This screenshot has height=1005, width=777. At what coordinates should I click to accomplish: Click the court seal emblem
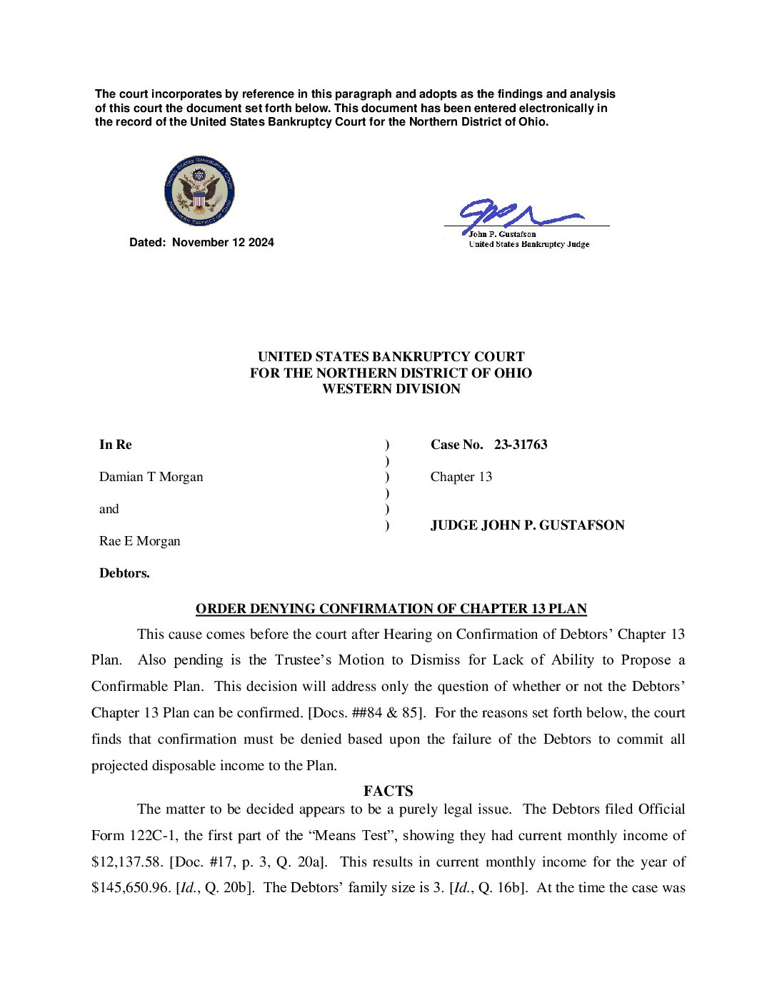(x=199, y=191)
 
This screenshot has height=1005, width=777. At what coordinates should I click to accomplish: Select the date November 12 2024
(x=223, y=243)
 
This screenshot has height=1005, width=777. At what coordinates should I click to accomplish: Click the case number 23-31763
(x=521, y=445)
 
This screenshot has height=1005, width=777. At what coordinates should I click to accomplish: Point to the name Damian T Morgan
(x=151, y=477)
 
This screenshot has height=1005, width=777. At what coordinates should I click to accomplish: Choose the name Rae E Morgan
(x=139, y=541)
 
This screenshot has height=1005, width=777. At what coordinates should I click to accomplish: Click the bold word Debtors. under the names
(x=124, y=573)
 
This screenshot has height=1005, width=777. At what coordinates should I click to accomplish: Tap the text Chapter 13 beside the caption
(x=461, y=477)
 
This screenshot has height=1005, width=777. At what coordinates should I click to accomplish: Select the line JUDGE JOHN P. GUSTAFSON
(x=527, y=525)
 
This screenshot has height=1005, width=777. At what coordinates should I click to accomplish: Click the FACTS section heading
(x=388, y=791)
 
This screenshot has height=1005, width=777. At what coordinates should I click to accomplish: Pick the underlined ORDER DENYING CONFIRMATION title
(x=391, y=609)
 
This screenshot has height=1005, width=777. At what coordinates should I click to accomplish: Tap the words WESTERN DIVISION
(x=391, y=389)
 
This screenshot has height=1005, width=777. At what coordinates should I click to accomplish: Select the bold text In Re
(x=115, y=445)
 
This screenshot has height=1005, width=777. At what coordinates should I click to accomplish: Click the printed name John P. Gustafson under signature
(x=502, y=234)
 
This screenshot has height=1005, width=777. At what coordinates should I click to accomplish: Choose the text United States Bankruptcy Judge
(x=528, y=244)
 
